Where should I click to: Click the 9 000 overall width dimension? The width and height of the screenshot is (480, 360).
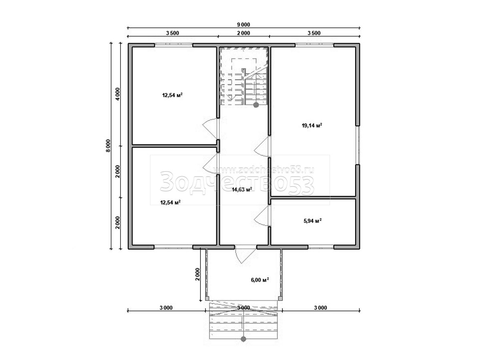[x=243, y=25]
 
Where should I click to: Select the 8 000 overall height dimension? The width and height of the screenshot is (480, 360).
[x=109, y=146]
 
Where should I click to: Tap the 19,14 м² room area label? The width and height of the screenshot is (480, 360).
[x=312, y=126]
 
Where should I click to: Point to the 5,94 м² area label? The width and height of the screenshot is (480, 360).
[x=312, y=221]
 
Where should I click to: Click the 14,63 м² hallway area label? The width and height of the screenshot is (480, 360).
[x=242, y=189]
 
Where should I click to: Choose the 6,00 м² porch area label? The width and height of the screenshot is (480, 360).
[x=260, y=280]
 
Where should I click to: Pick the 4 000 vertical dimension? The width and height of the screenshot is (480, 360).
[x=118, y=94]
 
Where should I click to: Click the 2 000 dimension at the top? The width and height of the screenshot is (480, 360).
[x=243, y=33]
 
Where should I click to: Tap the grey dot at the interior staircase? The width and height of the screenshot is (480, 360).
[x=256, y=105]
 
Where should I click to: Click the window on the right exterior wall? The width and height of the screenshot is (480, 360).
[x=357, y=145]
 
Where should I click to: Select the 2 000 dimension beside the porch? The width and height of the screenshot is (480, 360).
[x=198, y=274]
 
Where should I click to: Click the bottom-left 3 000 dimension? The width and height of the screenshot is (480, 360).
[x=166, y=308]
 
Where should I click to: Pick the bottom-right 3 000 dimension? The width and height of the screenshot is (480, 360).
[x=320, y=308]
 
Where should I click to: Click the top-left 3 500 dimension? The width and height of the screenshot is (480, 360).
[x=172, y=33]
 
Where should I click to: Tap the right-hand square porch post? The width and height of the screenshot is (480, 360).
[x=280, y=298]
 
